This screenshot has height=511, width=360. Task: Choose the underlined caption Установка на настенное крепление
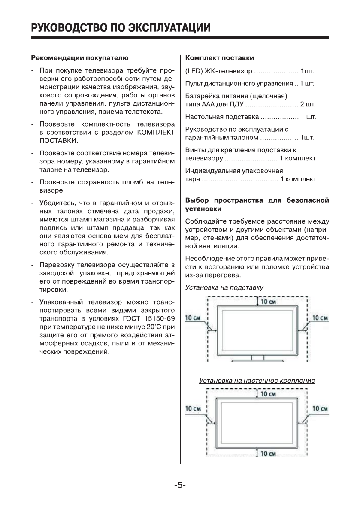point(257,381)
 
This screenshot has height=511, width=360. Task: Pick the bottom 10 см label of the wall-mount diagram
point(268,454)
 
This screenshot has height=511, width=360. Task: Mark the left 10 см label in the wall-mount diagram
point(193,409)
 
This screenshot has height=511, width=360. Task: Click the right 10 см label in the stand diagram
point(320,318)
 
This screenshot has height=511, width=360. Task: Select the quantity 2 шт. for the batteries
point(308,104)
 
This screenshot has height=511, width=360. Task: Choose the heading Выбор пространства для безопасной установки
point(257,204)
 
